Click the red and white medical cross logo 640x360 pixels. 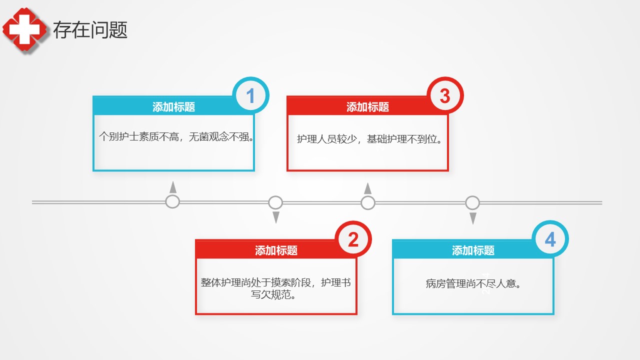(24, 29)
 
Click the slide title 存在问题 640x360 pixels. (90, 29)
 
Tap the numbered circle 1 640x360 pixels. (250, 95)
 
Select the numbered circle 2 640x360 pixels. (353, 239)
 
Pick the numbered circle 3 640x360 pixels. (445, 95)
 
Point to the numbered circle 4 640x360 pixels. (550, 239)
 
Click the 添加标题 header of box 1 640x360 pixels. (173, 107)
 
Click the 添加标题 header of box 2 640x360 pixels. (276, 250)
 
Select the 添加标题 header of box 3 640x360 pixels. (367, 107)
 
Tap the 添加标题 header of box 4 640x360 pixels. (473, 250)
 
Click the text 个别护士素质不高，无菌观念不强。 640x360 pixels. (176, 136)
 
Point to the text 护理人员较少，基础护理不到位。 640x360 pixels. (369, 139)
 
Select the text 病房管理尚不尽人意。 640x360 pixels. (473, 283)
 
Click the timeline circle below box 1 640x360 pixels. (172, 201)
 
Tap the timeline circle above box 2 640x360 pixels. (275, 202)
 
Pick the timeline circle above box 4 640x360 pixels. (472, 202)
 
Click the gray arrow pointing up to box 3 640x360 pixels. (368, 188)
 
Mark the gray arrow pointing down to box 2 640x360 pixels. (276, 217)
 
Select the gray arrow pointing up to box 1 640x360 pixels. (173, 187)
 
